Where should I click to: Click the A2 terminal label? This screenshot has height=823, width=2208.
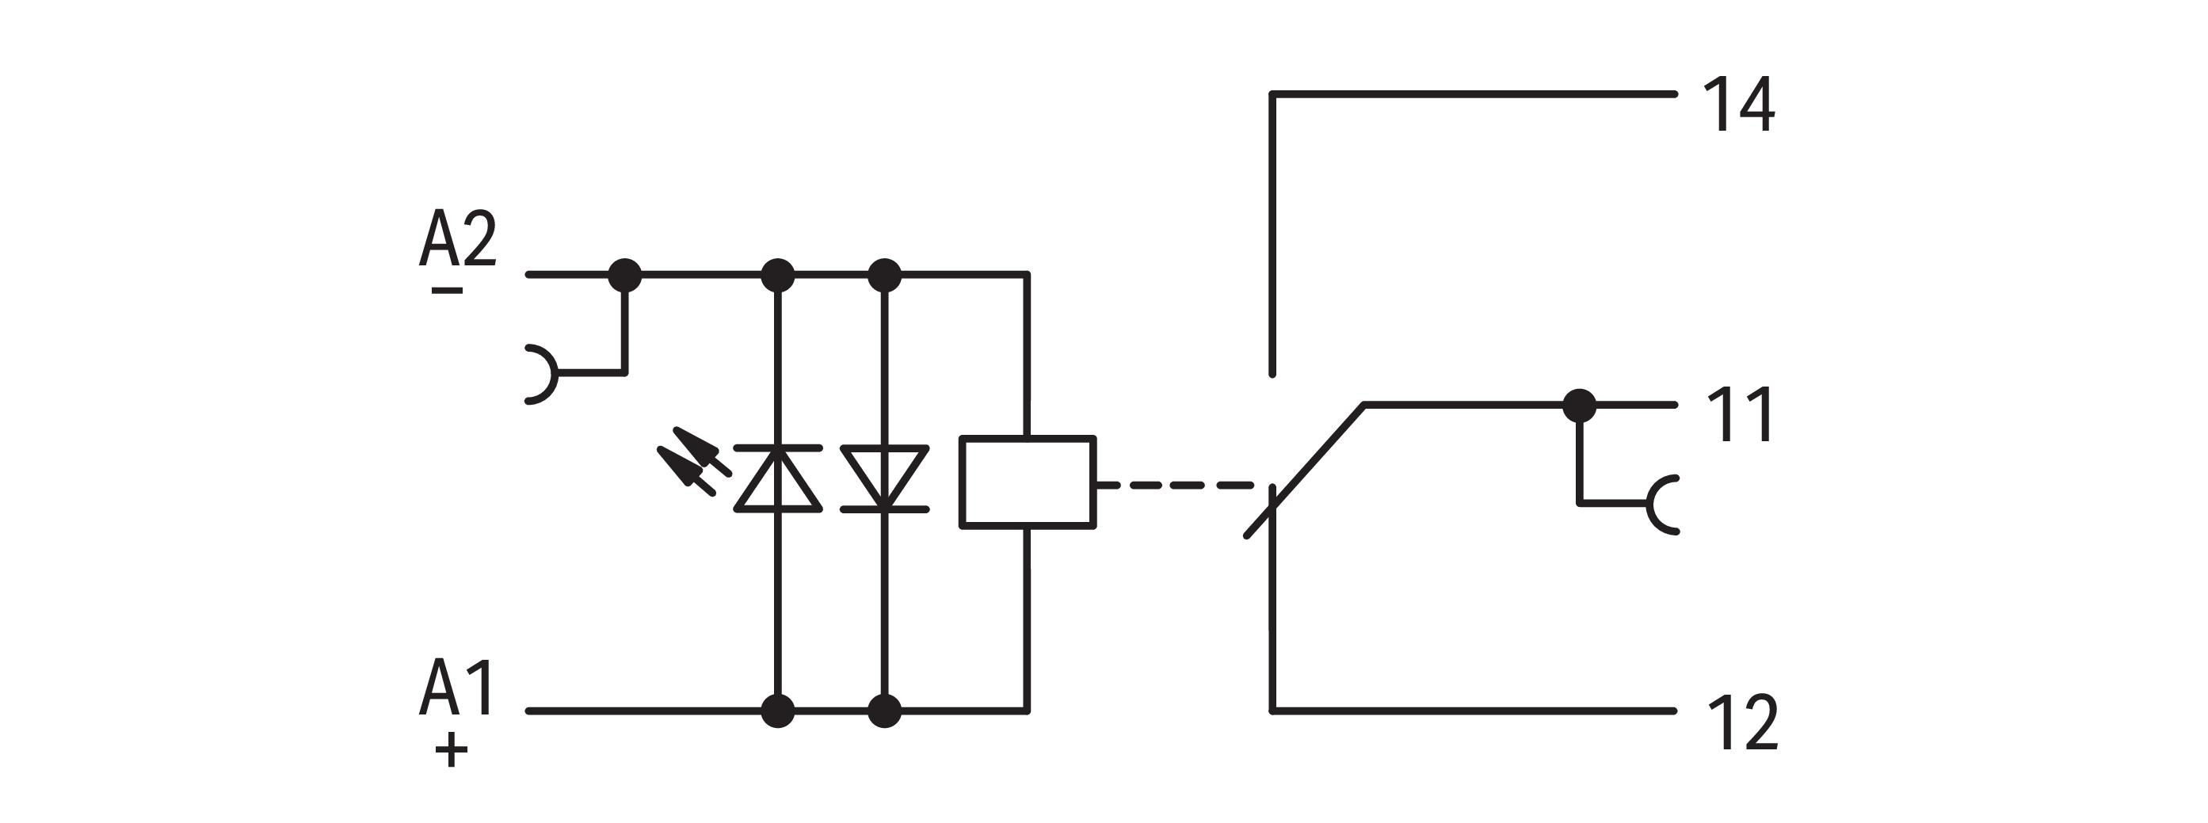458,238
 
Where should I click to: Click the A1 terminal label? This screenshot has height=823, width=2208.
456,688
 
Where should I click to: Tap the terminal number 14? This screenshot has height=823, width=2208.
1738,105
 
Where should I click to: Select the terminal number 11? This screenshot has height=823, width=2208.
1740,415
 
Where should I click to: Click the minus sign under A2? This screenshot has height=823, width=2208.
447,291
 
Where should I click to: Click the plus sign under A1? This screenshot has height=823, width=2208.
452,752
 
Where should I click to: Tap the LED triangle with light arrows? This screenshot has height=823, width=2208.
778,479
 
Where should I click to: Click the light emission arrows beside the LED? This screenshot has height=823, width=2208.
694,463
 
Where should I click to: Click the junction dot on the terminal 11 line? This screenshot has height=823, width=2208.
1580,405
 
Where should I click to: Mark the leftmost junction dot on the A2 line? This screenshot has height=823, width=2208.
624,275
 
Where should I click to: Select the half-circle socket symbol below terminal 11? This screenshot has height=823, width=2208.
1663,505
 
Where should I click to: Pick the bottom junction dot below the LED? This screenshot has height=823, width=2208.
777,711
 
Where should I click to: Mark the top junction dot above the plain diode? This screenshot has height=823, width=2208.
885,275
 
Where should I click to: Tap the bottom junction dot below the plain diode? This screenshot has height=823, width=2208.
885,711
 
